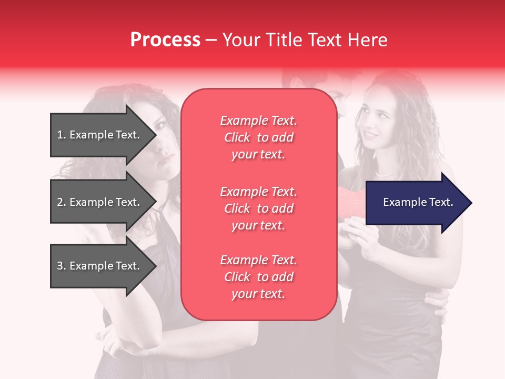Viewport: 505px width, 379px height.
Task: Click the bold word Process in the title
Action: tap(165, 40)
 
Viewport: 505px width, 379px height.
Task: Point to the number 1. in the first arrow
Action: tap(62, 135)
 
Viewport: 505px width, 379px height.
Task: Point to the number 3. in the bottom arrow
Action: tap(62, 266)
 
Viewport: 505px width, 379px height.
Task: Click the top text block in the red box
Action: tap(258, 137)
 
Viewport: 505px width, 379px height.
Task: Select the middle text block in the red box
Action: tap(258, 208)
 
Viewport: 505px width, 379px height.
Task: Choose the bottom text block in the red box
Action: tap(258, 277)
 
